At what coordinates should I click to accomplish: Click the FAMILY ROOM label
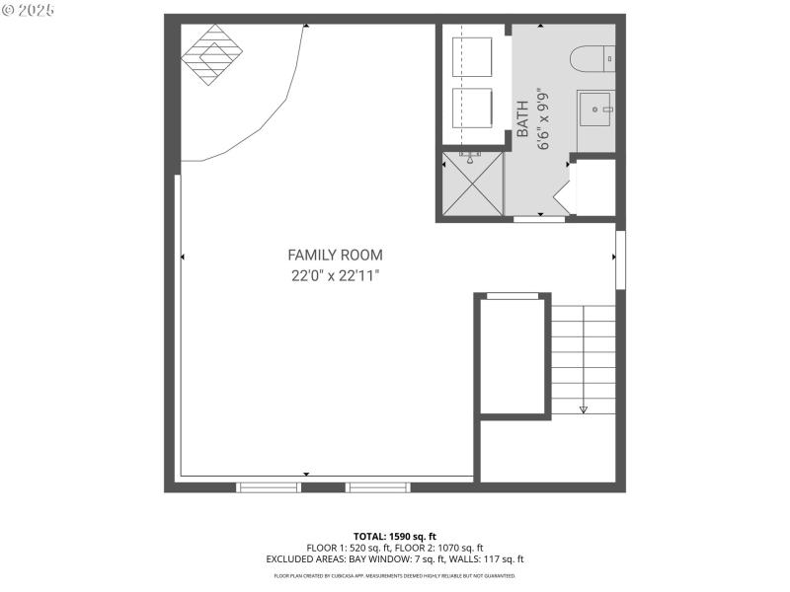click(335, 255)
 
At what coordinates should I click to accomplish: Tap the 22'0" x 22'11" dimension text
click(335, 277)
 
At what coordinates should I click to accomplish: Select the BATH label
click(522, 119)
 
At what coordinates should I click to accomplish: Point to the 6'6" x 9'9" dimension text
click(542, 119)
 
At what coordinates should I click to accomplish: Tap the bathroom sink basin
click(595, 109)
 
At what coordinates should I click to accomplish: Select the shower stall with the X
click(471, 185)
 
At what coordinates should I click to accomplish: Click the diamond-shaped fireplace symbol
click(212, 54)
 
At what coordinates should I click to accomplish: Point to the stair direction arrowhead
click(583, 408)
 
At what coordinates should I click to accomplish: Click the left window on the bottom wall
click(269, 486)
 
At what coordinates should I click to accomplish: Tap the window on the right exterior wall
click(620, 259)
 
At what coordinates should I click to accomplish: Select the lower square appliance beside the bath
click(473, 108)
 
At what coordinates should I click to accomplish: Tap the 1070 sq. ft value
click(461, 548)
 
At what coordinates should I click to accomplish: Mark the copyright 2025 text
click(30, 9)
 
